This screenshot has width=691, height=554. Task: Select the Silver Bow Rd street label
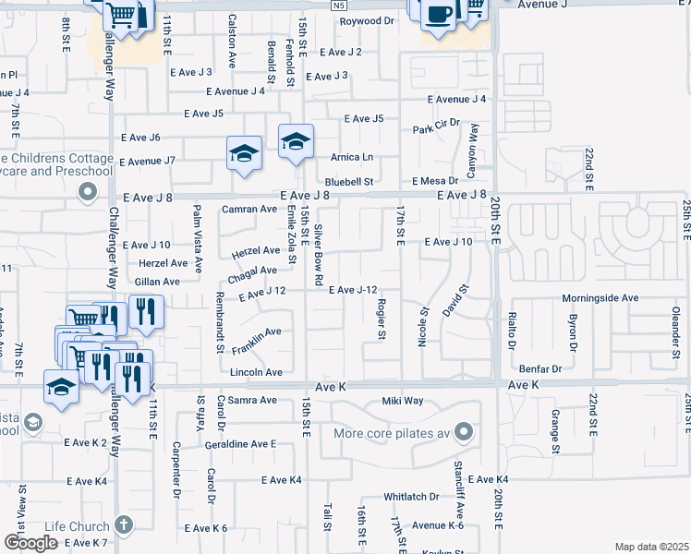point(319,253)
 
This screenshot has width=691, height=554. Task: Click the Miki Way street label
point(403,401)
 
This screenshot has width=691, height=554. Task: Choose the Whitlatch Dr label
point(411,496)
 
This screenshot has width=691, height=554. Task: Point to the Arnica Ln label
point(354,157)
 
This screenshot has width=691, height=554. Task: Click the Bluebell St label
point(348,182)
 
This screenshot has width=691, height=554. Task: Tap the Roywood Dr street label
point(367,20)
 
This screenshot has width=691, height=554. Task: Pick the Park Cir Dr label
point(436,126)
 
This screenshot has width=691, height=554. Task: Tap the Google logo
point(30,543)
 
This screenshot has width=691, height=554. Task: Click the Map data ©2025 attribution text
point(651,547)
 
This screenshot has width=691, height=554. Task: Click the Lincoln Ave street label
point(255,372)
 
